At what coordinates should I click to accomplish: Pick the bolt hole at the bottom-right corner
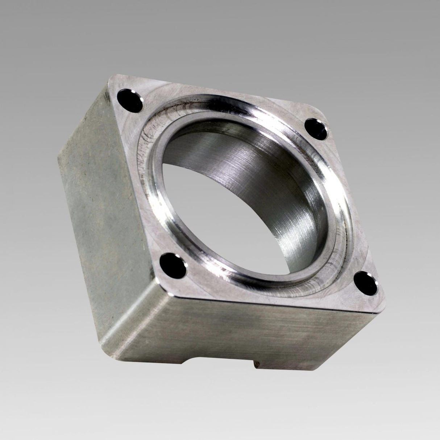[366, 282]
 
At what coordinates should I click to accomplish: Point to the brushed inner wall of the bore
[254, 163]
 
